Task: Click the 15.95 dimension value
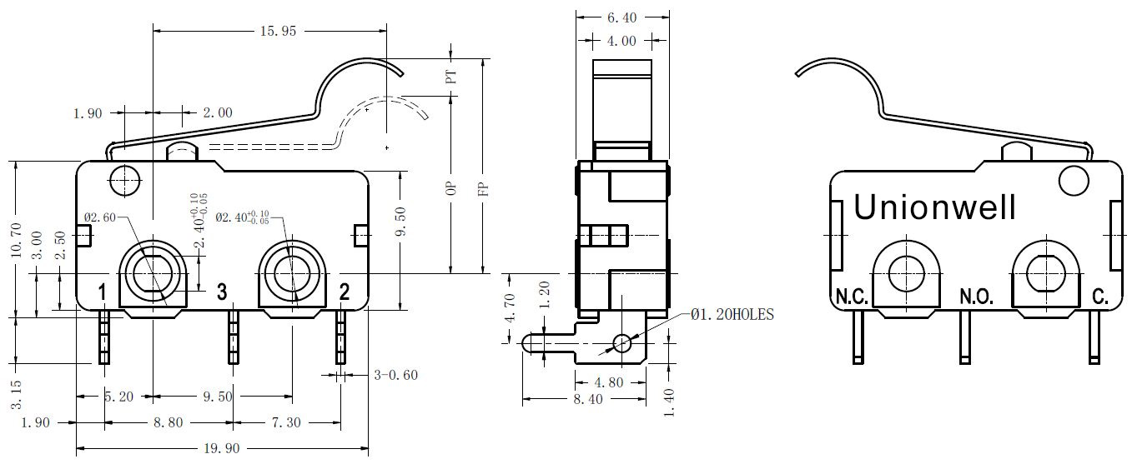tap(278, 32)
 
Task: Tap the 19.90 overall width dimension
tap(221, 448)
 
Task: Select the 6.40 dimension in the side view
tap(621, 17)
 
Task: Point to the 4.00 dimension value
tap(621, 41)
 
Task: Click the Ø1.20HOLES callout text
tap(732, 315)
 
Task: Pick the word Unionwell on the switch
tap(934, 207)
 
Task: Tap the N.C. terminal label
tap(852, 297)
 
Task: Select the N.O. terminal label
tap(976, 297)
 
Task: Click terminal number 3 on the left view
tap(222, 292)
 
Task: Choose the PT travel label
tap(450, 77)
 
